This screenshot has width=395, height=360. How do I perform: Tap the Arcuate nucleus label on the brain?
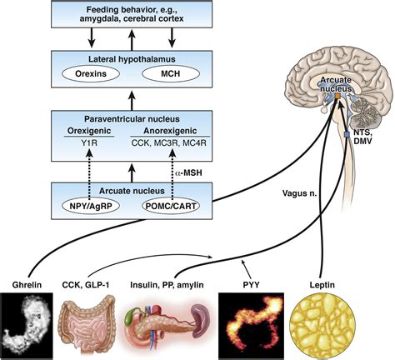[x=338, y=83]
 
